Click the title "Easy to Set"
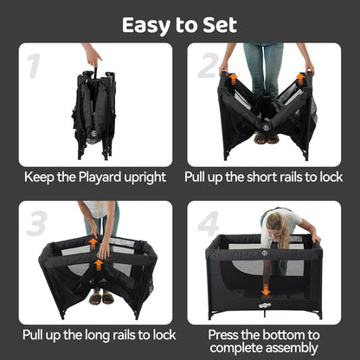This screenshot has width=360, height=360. (180, 23)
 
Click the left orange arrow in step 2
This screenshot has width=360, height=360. (232, 81)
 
